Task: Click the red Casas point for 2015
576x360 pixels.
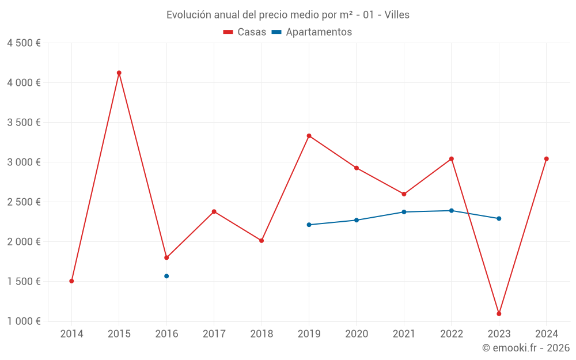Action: click(x=119, y=73)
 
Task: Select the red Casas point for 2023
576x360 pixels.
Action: click(x=499, y=314)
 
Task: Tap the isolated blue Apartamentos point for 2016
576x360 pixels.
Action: click(x=166, y=276)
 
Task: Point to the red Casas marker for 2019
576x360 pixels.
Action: click(x=309, y=136)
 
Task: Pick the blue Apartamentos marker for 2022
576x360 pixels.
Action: click(x=452, y=211)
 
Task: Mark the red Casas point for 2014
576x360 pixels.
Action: click(x=71, y=281)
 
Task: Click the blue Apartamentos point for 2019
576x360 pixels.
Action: click(x=309, y=225)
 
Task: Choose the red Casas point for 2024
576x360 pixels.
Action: click(x=547, y=159)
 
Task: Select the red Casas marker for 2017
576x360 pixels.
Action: click(x=214, y=211)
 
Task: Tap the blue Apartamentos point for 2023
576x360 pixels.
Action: click(x=499, y=218)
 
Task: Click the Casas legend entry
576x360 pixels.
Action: click(x=245, y=32)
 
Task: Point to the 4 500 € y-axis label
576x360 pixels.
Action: click(x=24, y=43)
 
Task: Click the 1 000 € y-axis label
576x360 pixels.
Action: click(x=24, y=321)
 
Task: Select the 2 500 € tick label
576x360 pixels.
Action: click(x=24, y=202)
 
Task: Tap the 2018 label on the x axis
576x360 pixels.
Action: click(x=262, y=334)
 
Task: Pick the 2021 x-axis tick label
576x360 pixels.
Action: click(x=404, y=334)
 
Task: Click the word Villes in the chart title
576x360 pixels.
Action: click(x=396, y=15)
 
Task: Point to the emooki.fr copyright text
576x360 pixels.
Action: click(x=526, y=348)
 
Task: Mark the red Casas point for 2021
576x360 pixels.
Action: click(x=404, y=194)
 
